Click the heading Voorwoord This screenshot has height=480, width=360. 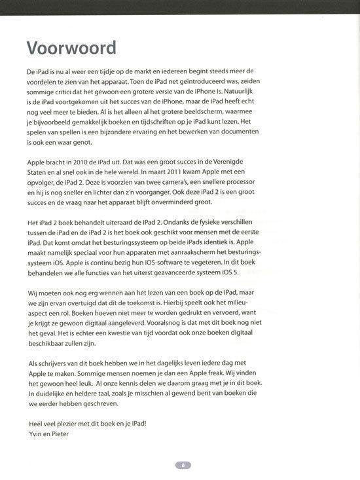71,48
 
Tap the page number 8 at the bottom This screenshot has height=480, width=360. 183,465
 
